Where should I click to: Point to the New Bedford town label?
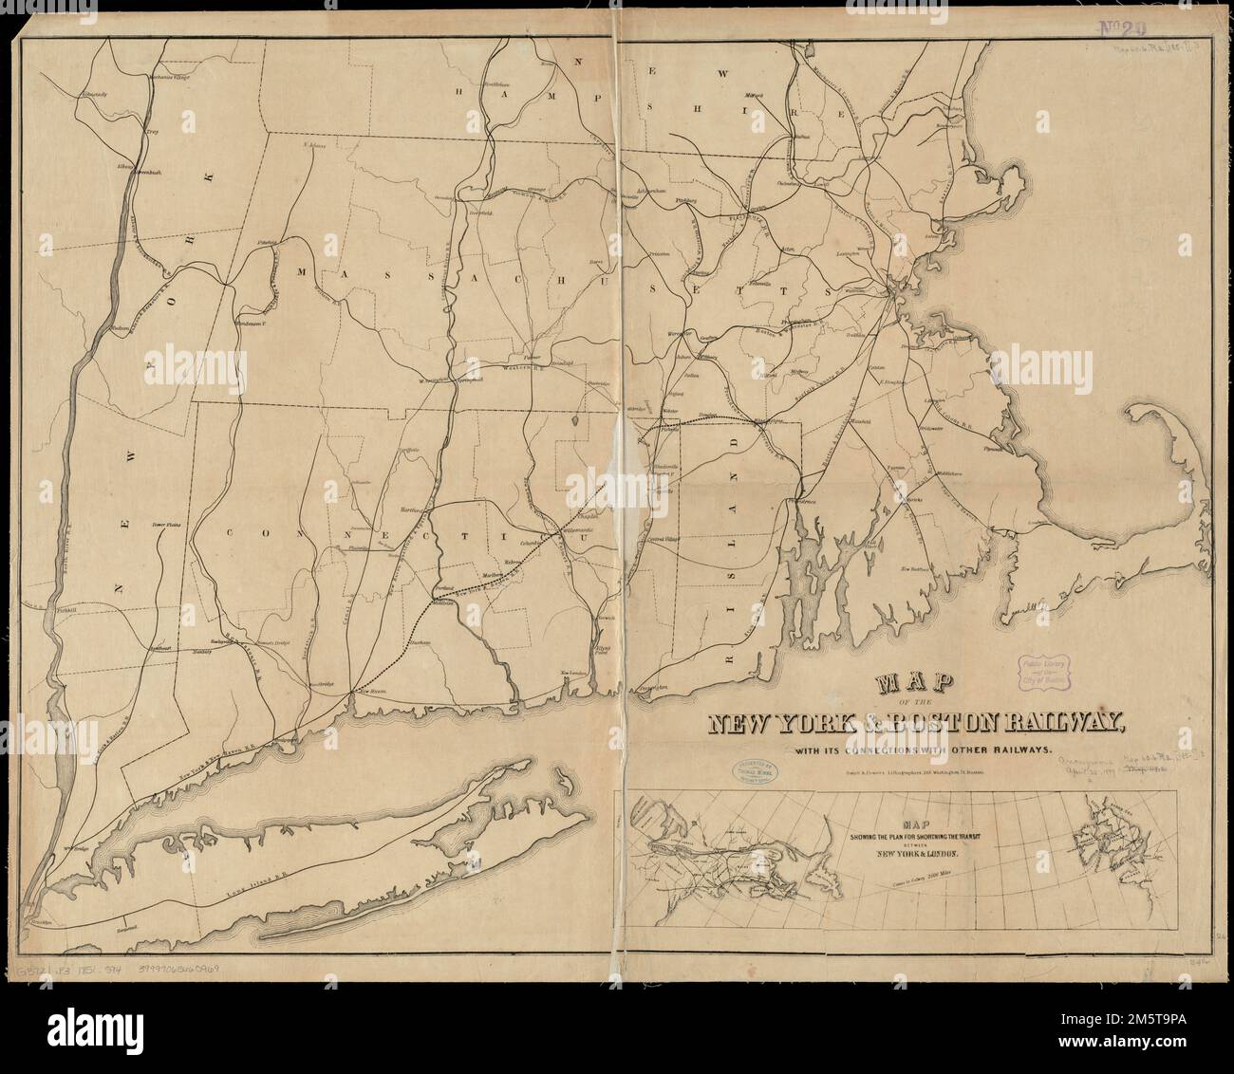point(912,568)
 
